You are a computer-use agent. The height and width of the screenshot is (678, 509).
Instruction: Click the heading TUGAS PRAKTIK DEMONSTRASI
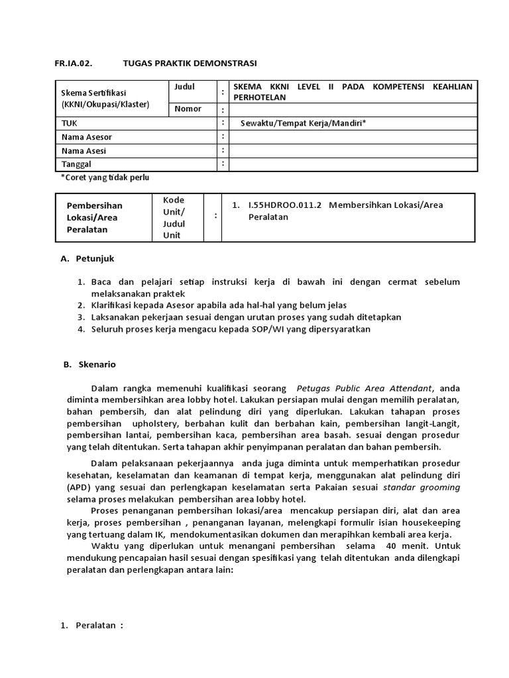[190, 63]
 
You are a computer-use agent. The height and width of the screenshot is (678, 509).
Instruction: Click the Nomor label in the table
[188, 109]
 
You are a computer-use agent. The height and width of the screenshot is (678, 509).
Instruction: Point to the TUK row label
[70, 123]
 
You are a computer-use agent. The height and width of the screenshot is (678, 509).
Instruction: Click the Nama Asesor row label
[87, 137]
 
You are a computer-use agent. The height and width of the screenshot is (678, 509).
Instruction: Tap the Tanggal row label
[76, 164]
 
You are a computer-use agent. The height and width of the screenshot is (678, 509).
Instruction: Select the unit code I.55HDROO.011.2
[284, 205]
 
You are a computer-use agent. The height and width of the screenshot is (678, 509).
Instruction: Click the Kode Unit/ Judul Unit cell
[174, 217]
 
